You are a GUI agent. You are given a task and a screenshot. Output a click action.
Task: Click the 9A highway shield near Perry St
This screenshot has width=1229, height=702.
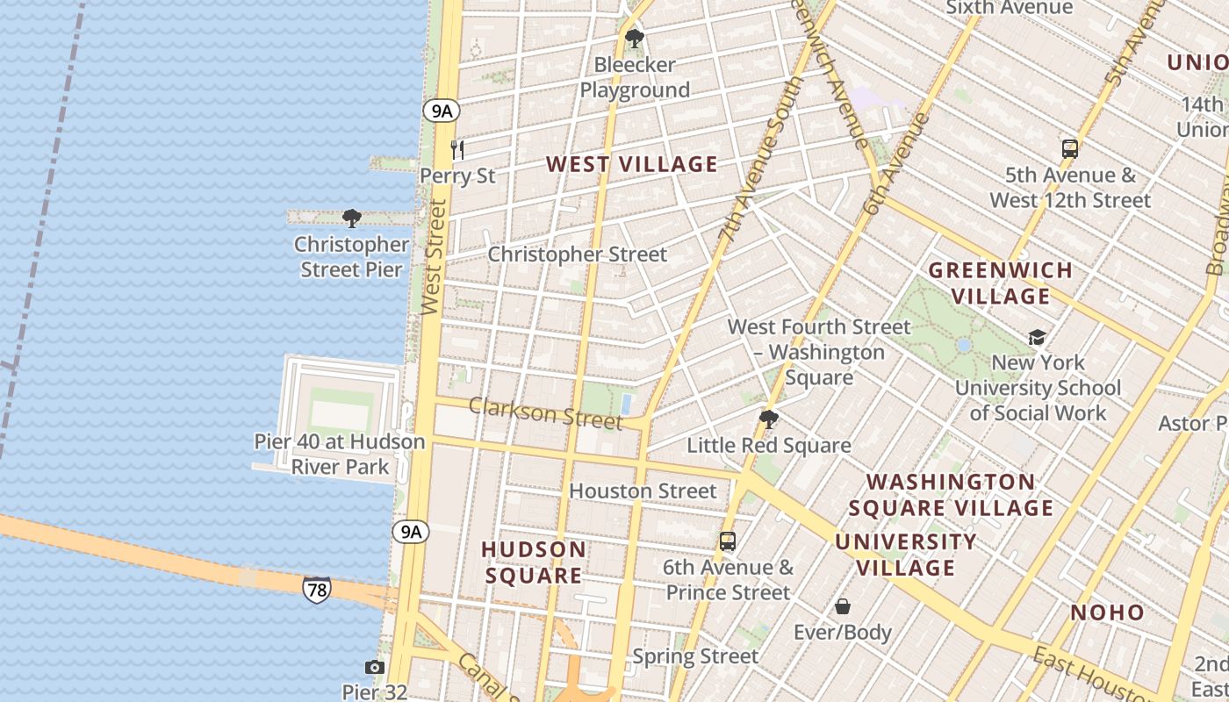tap(441, 111)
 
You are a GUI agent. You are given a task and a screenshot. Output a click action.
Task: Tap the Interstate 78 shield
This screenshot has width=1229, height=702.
tap(317, 590)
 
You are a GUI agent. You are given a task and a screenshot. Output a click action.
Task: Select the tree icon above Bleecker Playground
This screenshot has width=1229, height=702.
tap(634, 39)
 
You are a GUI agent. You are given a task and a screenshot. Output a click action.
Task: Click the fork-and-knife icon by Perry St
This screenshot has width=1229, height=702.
tap(457, 150)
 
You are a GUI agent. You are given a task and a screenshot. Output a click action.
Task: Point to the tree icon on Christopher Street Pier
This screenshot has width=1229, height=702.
tap(352, 218)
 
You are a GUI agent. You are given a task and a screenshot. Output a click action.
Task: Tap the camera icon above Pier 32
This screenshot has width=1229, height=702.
tap(375, 668)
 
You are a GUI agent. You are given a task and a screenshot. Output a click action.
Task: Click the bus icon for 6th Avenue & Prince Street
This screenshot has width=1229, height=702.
tap(728, 541)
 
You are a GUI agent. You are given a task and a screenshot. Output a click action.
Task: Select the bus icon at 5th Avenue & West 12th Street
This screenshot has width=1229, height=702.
tap(1069, 149)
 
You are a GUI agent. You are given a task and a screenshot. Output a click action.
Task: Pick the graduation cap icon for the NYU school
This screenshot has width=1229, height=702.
tap(1037, 338)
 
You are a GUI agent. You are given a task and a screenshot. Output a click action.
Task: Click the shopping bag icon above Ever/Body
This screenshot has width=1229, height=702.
tap(843, 606)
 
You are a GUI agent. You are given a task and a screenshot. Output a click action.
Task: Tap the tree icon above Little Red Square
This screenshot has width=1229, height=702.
tap(769, 419)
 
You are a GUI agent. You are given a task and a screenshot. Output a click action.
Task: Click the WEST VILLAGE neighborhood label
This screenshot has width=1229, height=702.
tap(632, 164)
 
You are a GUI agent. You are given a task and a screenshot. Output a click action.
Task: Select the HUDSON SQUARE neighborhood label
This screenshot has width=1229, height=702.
tap(534, 562)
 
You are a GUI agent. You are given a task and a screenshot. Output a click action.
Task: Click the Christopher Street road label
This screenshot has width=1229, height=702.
tap(578, 254)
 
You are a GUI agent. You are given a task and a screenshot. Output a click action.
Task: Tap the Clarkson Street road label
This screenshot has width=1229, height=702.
tap(545, 413)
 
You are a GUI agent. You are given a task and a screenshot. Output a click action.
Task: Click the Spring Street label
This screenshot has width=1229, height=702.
tap(695, 656)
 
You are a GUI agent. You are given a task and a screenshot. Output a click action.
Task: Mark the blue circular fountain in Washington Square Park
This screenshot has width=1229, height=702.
tap(964, 345)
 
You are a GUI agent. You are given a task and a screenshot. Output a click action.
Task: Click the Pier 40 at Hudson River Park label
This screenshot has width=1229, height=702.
tap(340, 454)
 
